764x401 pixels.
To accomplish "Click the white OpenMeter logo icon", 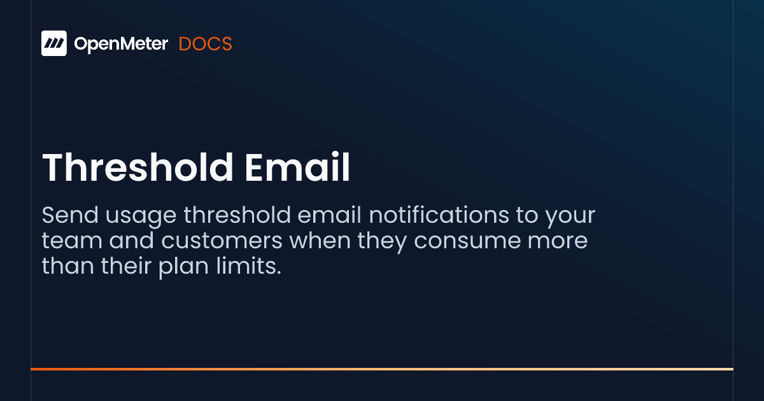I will pos(54,43).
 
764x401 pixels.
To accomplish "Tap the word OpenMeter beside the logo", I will pos(121,44).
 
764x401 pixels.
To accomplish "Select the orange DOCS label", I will pos(205,44).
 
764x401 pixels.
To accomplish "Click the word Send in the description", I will pos(68,216).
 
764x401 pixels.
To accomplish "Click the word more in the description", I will pos(556,242).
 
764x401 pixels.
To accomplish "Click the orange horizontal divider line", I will pos(382,369).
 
